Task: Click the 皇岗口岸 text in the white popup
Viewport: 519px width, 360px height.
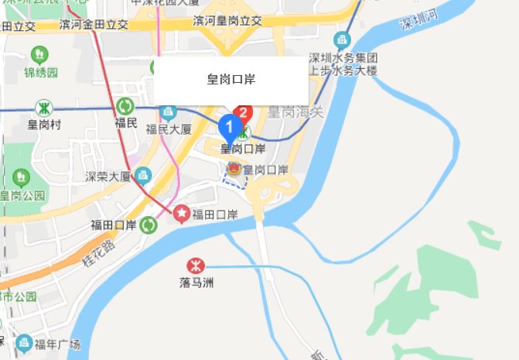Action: click(x=231, y=79)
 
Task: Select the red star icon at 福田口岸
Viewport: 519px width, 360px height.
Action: click(x=182, y=211)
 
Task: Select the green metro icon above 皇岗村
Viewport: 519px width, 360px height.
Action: click(x=44, y=108)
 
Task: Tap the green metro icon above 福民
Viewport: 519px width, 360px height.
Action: click(x=125, y=107)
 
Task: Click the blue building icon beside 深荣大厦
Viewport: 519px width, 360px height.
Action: click(x=142, y=175)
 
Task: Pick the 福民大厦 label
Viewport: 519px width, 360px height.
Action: click(x=168, y=129)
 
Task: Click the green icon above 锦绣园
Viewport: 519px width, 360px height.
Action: click(x=39, y=54)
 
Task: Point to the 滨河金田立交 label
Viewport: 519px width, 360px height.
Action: click(x=94, y=25)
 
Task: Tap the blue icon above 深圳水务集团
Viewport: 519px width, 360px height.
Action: click(x=342, y=39)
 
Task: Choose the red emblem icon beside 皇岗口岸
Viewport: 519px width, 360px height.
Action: click(x=232, y=169)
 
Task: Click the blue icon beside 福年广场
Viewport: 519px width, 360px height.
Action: click(x=23, y=342)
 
